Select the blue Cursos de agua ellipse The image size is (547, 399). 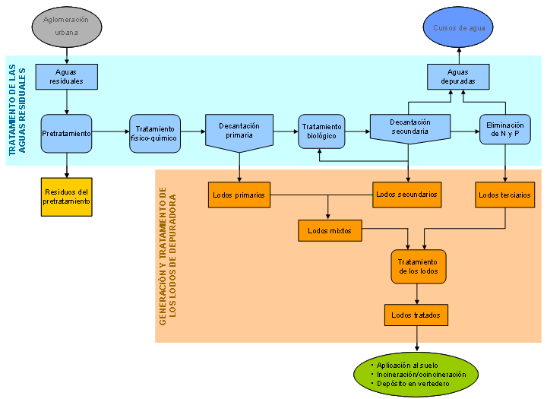[459, 28]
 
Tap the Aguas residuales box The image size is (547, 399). [66, 77]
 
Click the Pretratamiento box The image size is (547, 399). [66, 134]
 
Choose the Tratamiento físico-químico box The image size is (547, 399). [155, 134]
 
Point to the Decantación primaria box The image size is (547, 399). [239, 131]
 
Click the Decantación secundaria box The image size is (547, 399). [409, 127]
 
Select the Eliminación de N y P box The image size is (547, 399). [505, 129]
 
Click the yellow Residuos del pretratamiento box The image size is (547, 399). [67, 197]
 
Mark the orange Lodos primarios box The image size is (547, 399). [239, 195]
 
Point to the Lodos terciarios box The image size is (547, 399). [505, 195]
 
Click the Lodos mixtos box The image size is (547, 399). [329, 231]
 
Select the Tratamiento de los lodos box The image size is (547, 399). [419, 267]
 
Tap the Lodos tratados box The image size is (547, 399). [416, 314]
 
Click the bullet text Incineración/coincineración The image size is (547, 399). [416, 374]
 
